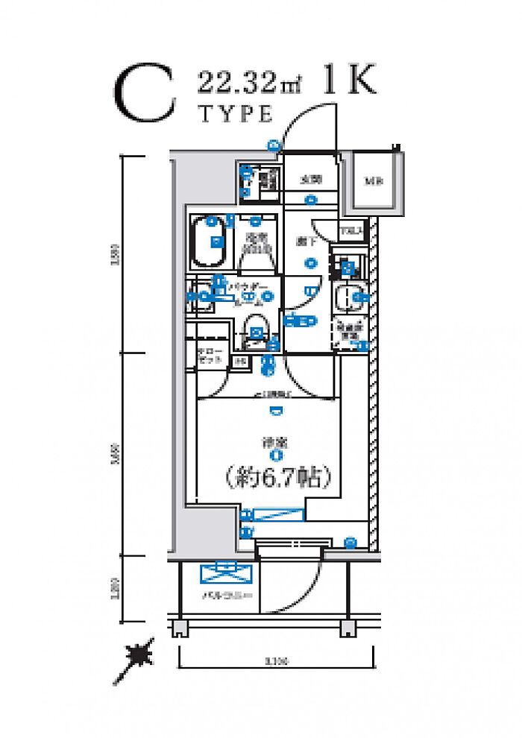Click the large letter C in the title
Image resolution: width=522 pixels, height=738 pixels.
(x=145, y=95)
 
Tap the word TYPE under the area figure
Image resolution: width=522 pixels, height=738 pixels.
(x=234, y=114)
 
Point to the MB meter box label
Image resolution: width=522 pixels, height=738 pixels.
(x=371, y=181)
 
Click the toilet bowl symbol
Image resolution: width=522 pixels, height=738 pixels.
(x=257, y=327)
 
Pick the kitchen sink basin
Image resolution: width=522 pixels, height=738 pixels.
(x=348, y=297)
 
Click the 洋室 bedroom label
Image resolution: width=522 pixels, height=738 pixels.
(x=276, y=442)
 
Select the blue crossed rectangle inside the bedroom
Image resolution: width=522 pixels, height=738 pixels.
(x=278, y=514)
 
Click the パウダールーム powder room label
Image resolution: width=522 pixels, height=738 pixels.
(x=246, y=291)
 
